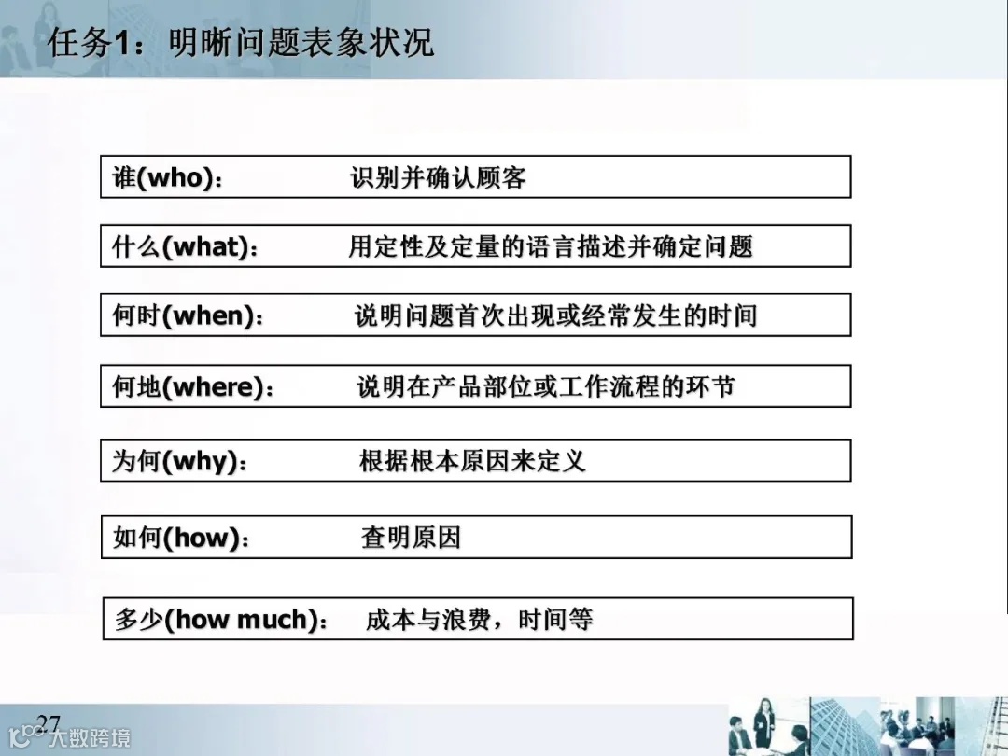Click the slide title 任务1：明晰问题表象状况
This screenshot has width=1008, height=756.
pyautogui.click(x=241, y=43)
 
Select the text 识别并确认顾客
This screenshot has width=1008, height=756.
pyautogui.click(x=438, y=177)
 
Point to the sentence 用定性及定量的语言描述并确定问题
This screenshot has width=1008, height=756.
pyautogui.click(x=551, y=246)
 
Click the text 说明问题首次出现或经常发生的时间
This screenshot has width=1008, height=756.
pyautogui.click(x=555, y=315)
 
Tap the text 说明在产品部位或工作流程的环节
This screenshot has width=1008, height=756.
pyautogui.click(x=546, y=386)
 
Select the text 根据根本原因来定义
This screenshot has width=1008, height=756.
pyautogui.click(x=472, y=461)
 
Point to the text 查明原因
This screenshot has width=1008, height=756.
pyautogui.click(x=411, y=538)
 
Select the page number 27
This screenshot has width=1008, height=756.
pyautogui.click(x=48, y=722)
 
